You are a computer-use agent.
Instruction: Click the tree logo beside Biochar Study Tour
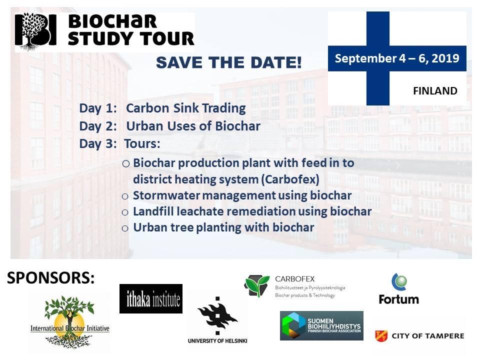(x=35, y=31)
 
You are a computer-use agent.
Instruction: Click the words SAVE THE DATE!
(x=229, y=62)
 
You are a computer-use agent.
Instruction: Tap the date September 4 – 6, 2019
(x=397, y=58)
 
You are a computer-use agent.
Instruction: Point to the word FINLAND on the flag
(x=435, y=90)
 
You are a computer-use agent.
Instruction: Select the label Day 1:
(x=98, y=108)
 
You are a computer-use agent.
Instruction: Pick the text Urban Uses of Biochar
(x=193, y=126)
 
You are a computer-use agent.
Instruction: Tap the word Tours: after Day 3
(x=142, y=143)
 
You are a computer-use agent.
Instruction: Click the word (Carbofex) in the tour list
(x=290, y=179)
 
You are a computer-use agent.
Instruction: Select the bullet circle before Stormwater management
(x=125, y=196)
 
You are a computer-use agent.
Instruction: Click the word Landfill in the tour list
(x=152, y=211)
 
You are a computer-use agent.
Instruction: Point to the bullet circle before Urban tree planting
(x=125, y=228)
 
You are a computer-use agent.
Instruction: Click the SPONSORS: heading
(x=51, y=277)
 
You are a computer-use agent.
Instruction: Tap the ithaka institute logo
(x=151, y=299)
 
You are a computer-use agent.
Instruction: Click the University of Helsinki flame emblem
(x=217, y=315)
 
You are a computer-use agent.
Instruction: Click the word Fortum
(x=398, y=299)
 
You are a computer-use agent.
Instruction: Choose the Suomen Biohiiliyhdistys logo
(x=321, y=325)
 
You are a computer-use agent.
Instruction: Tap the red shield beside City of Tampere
(x=381, y=336)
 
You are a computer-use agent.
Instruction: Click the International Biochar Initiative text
(x=70, y=328)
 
